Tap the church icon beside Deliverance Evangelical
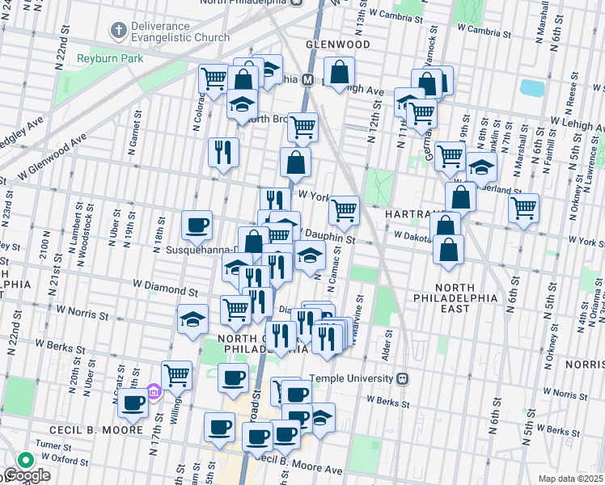(x=118, y=31)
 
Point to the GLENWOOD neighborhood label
(x=337, y=44)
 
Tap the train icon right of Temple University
(x=402, y=378)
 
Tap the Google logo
(x=27, y=475)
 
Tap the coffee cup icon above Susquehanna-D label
(x=197, y=225)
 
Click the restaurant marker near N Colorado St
(x=223, y=151)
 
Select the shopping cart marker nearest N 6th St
(x=523, y=208)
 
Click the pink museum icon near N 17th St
(x=154, y=391)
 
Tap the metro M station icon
(x=307, y=80)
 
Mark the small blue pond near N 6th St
(x=531, y=86)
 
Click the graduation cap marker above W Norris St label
(x=192, y=319)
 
